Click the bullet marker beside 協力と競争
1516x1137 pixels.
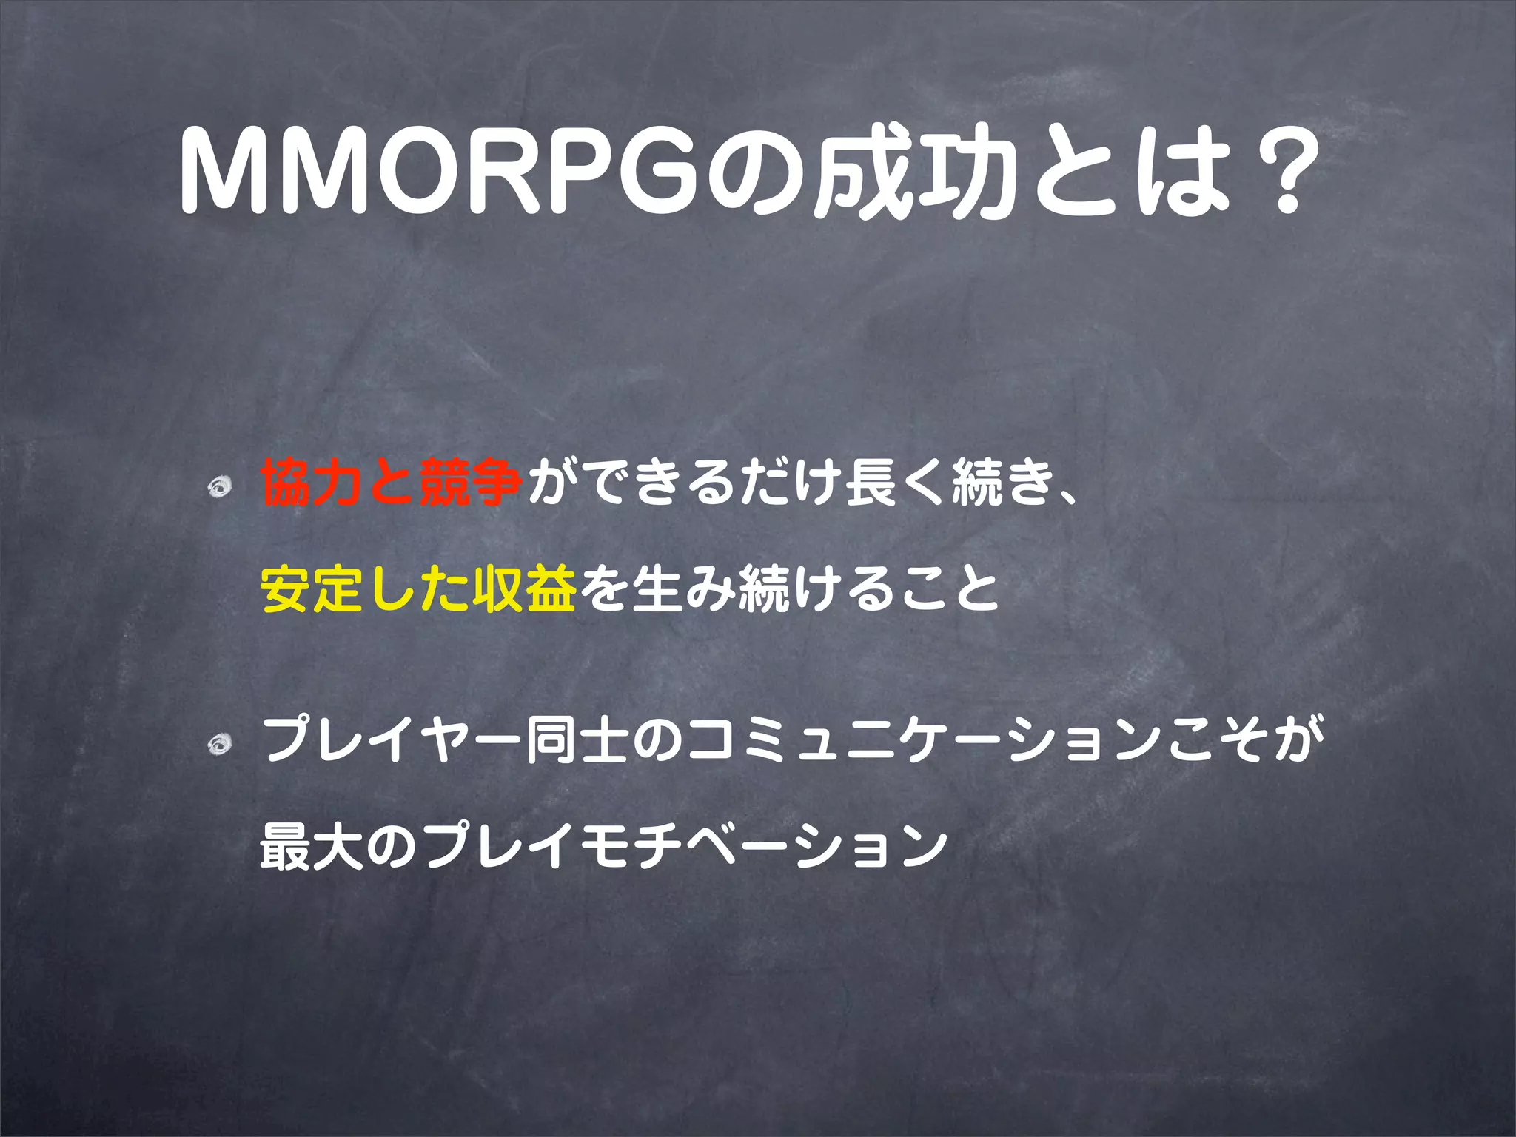[220, 486]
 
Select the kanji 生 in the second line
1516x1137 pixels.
[656, 588]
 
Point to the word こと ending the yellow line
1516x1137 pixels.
[947, 588]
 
